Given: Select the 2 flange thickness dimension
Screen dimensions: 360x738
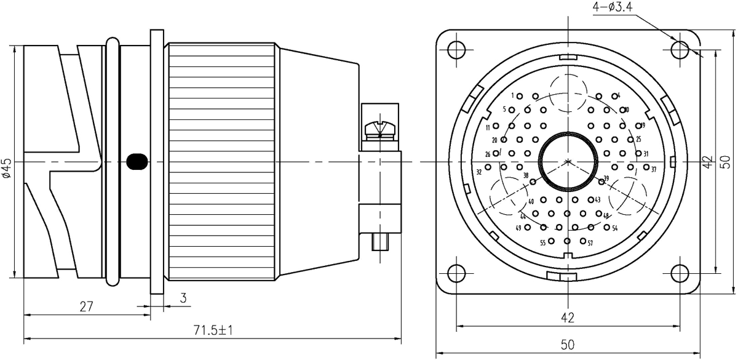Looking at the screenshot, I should tap(183, 299).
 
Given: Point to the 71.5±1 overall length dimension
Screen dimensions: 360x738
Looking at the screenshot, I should tap(211, 332).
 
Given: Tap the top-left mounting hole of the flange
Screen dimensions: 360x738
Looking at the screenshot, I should tap(457, 49).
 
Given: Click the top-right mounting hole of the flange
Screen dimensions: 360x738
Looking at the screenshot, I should tap(680, 49).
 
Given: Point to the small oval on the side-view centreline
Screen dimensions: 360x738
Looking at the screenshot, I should tap(136, 162).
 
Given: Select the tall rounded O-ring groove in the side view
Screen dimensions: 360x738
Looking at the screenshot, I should tap(111, 162).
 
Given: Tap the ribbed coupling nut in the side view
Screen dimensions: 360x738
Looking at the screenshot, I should tap(221, 162).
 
